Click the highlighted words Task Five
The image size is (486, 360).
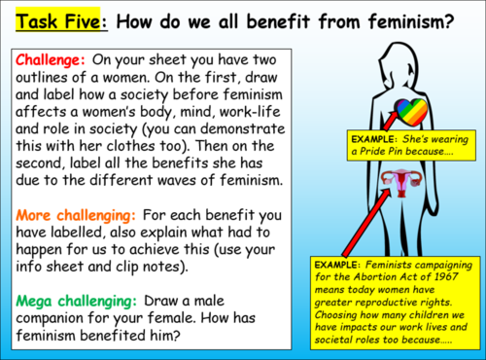click(x=58, y=21)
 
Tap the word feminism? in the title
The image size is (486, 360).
click(x=411, y=21)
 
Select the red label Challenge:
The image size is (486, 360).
click(x=51, y=60)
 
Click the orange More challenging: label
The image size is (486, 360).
click(x=76, y=215)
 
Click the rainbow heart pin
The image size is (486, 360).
click(x=410, y=112)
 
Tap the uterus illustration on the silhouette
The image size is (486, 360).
click(x=401, y=183)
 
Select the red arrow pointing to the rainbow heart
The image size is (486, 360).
click(x=390, y=121)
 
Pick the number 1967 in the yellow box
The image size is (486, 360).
click(x=446, y=276)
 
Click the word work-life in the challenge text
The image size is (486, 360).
click(x=250, y=112)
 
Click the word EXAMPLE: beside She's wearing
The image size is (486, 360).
click(x=374, y=139)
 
